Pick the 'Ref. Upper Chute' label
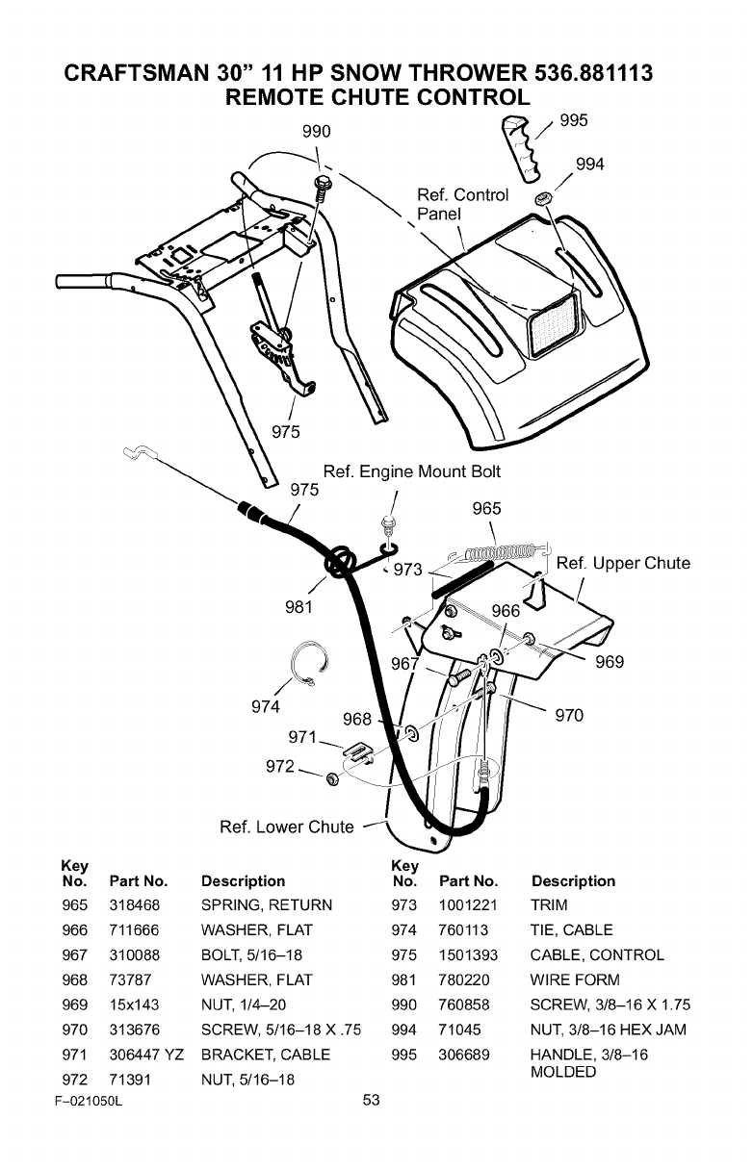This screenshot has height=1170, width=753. pos(623,563)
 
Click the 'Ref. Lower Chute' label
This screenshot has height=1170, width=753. pos(288,827)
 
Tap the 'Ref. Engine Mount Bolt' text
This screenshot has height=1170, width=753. pos(412,471)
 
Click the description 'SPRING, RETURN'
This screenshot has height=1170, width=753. pos(266,905)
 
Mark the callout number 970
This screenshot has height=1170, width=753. pos(570,715)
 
